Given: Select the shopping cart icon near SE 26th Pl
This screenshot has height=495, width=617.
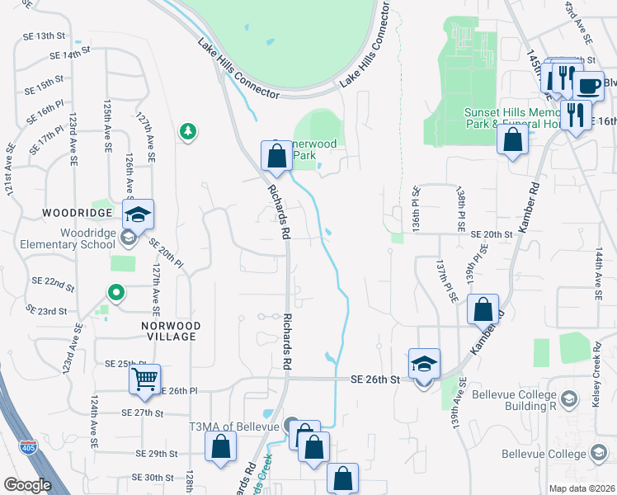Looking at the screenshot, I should pos(144,379).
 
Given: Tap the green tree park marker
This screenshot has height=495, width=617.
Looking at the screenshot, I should pos(189,131).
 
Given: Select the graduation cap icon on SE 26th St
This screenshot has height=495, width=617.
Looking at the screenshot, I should pos(424,364).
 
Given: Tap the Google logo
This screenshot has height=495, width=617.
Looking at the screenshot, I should pos(27,485).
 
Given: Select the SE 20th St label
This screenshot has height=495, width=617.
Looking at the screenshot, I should pos(492,234).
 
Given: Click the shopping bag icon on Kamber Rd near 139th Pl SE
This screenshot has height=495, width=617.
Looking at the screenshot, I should pos(483,310).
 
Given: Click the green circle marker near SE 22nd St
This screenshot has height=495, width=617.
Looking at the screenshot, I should pos(116,292).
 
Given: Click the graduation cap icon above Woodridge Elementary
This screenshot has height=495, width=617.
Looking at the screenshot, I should pos(139,215).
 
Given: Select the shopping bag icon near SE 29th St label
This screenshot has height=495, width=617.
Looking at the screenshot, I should pos(221,448).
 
